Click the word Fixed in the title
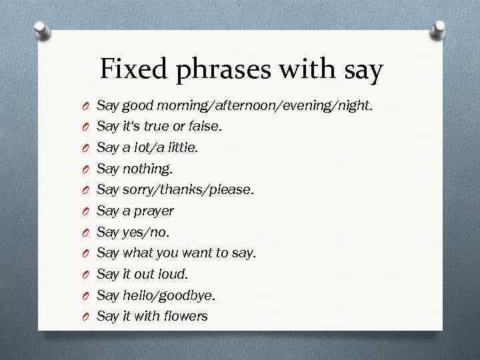[x=134, y=69]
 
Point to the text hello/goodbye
[x=169, y=295]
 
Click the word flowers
[x=185, y=316]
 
